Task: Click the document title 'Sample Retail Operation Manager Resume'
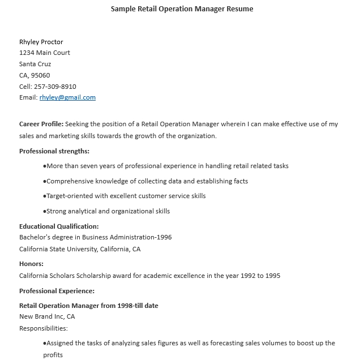pos(182,9)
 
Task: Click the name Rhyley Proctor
pos(41,42)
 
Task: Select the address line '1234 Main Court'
pos(45,53)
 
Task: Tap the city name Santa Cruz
pos(35,64)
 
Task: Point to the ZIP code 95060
pos(41,75)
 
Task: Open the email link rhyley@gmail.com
pos(67,97)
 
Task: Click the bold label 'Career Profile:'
pos(41,124)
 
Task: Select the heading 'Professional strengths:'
pos(54,151)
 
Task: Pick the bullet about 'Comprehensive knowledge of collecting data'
pos(147,181)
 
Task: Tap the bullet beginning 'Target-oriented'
pos(126,196)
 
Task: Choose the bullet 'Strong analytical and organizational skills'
pos(108,211)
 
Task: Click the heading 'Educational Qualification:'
pos(59,226)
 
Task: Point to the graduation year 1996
pos(164,237)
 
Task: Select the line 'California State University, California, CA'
pos(80,249)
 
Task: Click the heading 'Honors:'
pos(31,264)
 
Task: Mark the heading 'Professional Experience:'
pos(57,291)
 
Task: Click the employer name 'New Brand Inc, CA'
pos(47,316)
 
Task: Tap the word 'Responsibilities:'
pos(44,328)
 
